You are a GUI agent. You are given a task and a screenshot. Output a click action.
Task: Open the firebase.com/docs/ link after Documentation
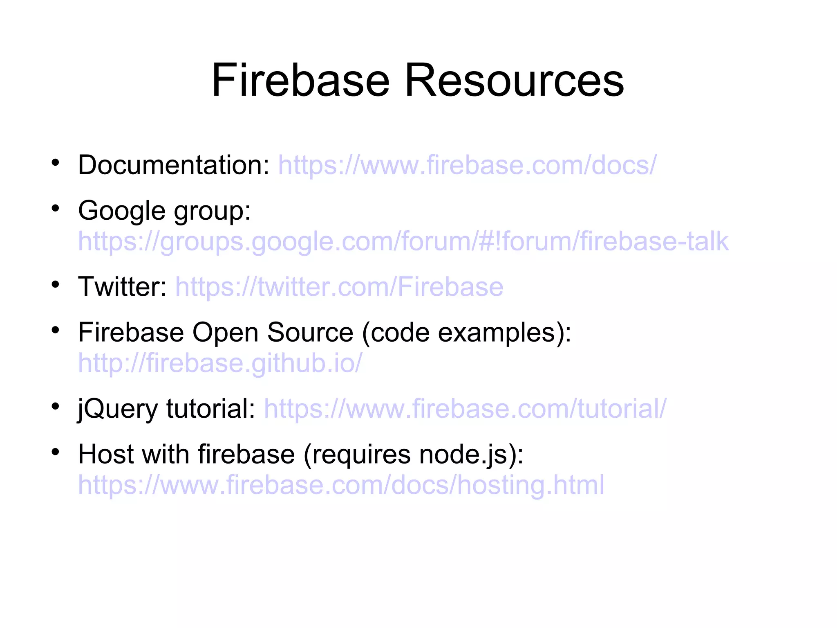coord(467,165)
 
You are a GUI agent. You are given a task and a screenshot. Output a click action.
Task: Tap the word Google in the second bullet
coord(122,211)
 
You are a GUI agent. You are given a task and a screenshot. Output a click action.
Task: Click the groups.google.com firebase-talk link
coord(403,241)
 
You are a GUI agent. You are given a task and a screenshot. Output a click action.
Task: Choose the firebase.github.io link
coord(220,363)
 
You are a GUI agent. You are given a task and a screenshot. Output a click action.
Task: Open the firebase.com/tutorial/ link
coord(465,409)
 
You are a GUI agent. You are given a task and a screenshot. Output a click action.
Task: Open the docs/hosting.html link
coord(341,485)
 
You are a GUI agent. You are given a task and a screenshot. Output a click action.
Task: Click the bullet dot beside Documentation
coord(56,163)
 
